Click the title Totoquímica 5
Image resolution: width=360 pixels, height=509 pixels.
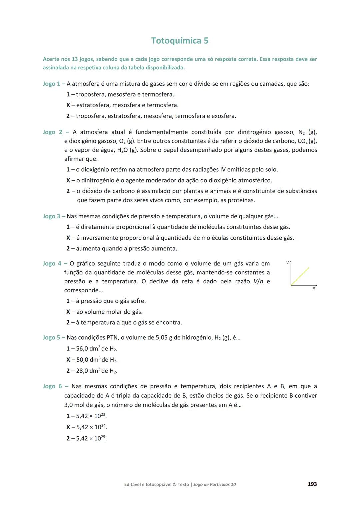[180, 41]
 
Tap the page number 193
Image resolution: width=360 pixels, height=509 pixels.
[312, 484]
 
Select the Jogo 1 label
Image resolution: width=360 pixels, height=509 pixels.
[51, 84]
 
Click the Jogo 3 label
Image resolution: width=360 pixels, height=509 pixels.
[51, 216]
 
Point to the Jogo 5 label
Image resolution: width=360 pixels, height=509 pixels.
[51, 338]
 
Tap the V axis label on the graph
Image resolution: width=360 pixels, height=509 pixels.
[287, 263]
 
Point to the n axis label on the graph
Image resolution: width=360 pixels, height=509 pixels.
[314, 289]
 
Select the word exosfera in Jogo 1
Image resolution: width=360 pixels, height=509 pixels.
[223, 116]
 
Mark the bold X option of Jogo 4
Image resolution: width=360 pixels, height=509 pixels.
[68, 312]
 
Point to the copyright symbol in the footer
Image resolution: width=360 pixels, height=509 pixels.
[174, 484]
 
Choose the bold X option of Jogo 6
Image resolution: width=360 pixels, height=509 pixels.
[68, 427]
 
